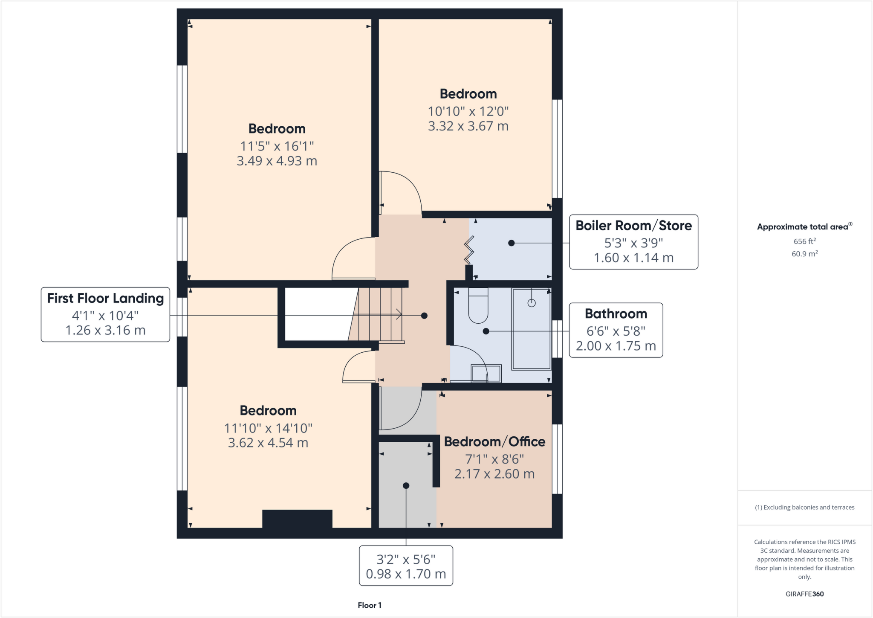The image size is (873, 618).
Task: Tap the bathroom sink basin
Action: (x=486, y=373)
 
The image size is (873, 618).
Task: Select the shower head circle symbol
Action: (x=531, y=303)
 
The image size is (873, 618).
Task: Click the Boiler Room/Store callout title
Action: (x=633, y=226)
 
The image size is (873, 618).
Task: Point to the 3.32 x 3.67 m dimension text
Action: (x=468, y=126)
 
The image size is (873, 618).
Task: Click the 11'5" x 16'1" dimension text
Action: (x=277, y=146)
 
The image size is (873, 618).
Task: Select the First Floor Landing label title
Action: (x=105, y=298)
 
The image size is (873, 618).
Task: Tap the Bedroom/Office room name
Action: (x=494, y=442)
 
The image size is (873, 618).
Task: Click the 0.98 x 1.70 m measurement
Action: (x=406, y=574)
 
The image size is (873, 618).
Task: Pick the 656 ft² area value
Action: (x=804, y=241)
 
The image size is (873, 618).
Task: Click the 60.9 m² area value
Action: (x=804, y=254)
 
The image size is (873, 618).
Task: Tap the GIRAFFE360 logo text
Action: (x=804, y=594)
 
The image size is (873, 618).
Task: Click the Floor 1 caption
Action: (x=370, y=605)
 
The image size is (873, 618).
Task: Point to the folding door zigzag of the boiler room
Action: (x=469, y=250)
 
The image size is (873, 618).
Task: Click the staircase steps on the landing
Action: (x=379, y=315)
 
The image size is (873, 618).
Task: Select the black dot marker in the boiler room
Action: (x=512, y=243)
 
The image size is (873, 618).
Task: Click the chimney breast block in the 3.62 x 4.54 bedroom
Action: (x=297, y=519)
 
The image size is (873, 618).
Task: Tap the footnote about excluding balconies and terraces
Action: (x=804, y=508)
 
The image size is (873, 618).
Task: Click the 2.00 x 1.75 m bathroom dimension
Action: (x=616, y=346)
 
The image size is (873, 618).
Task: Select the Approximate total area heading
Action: (x=804, y=227)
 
